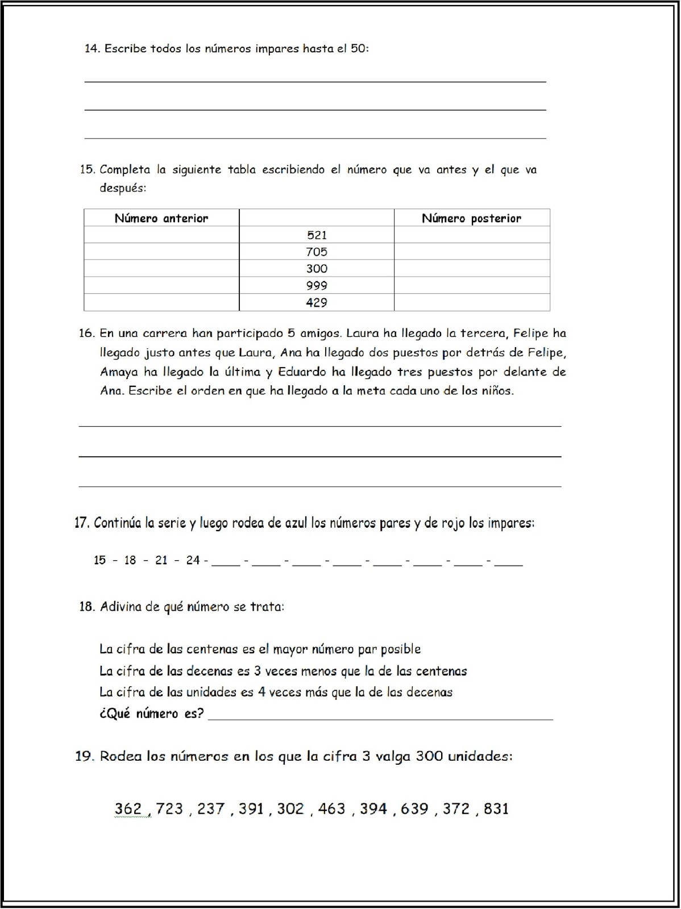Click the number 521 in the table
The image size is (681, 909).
click(317, 235)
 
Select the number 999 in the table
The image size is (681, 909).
click(317, 286)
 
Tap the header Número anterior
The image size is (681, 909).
click(161, 218)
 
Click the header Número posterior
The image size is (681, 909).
click(471, 218)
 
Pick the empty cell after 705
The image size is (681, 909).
click(472, 252)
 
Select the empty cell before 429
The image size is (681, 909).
click(161, 302)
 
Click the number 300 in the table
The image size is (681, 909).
click(317, 269)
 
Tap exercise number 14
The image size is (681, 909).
click(92, 49)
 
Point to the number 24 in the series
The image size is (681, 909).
click(193, 560)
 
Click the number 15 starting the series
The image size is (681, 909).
click(100, 560)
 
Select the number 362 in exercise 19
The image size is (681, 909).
click(128, 808)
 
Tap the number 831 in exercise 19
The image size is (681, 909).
click(496, 808)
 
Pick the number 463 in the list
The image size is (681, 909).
click(331, 808)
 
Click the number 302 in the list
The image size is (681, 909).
click(290, 808)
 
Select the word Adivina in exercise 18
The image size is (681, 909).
click(121, 607)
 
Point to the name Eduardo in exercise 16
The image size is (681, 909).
click(302, 372)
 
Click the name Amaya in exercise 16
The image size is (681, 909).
click(119, 372)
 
